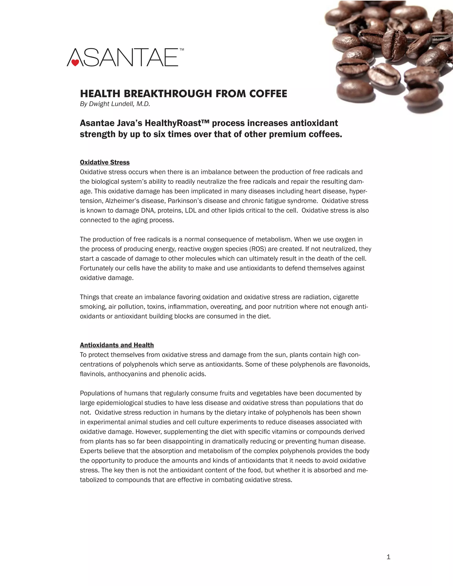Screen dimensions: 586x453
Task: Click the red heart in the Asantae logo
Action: (75, 63)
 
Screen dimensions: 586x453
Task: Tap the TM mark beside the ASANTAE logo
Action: (182, 50)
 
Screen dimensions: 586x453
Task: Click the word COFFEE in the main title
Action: (268, 94)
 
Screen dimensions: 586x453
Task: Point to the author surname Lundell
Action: (122, 104)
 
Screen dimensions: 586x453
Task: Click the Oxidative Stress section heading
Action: (105, 162)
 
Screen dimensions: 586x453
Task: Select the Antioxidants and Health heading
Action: (117, 345)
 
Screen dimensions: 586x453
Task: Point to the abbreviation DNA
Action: (148, 211)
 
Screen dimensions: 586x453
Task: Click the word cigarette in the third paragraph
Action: (346, 297)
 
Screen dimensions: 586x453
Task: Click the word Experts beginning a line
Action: (91, 451)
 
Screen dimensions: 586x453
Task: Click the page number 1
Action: (388, 557)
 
